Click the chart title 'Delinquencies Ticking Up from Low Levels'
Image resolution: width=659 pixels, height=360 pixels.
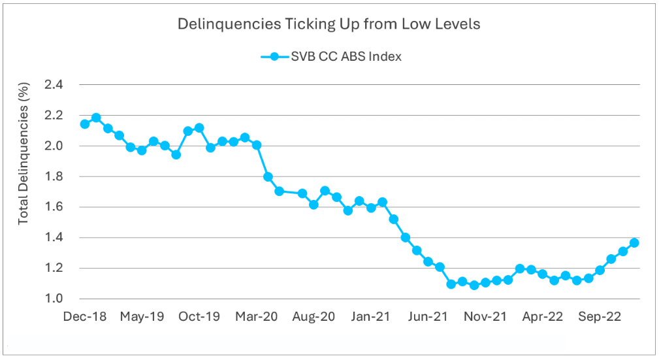[x=329, y=25]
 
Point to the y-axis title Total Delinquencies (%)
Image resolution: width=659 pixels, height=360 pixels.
[x=24, y=154]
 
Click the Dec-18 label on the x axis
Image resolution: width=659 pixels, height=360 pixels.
[x=84, y=317]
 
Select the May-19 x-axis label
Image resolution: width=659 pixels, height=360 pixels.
[x=142, y=317]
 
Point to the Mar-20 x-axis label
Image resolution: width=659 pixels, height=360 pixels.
[x=256, y=317]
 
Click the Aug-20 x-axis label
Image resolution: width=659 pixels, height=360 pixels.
[x=313, y=317]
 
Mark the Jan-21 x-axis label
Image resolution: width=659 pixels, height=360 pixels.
[x=371, y=317]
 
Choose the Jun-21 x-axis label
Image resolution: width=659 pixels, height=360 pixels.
[x=428, y=317]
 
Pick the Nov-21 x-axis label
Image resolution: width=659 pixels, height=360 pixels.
[x=485, y=317]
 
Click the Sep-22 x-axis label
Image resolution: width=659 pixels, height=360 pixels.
[x=600, y=317]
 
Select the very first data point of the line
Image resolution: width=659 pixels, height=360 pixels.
[x=84, y=124]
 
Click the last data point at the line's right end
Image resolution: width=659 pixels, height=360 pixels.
[x=634, y=243]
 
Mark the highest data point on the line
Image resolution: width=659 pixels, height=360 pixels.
[x=96, y=118]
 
